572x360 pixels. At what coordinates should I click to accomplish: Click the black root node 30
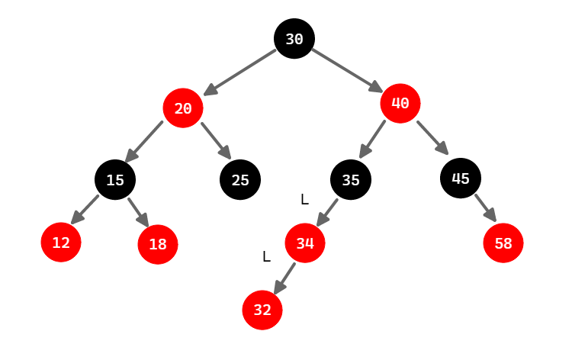click(294, 39)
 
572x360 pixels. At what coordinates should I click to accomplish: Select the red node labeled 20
click(183, 108)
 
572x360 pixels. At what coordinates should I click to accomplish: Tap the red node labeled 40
click(400, 103)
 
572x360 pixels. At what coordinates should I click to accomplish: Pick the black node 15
click(115, 180)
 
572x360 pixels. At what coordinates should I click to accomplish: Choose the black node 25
click(240, 180)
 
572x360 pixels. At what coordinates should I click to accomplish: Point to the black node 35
click(350, 180)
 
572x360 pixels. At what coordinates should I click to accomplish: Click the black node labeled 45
click(460, 178)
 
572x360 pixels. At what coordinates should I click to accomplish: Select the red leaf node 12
click(61, 243)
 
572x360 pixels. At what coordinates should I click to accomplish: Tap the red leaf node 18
click(158, 244)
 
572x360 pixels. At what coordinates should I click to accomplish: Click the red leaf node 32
click(262, 310)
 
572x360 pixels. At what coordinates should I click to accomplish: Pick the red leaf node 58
click(503, 243)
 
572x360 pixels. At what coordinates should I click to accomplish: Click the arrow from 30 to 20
click(241, 72)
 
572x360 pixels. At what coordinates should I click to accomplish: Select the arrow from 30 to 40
click(347, 69)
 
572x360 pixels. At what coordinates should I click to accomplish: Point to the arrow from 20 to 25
click(216, 140)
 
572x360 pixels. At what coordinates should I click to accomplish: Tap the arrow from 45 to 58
click(484, 207)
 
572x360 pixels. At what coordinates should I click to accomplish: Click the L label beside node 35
click(304, 199)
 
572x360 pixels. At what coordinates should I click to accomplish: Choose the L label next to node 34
click(266, 256)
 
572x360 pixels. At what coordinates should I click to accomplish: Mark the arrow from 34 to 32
click(285, 278)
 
